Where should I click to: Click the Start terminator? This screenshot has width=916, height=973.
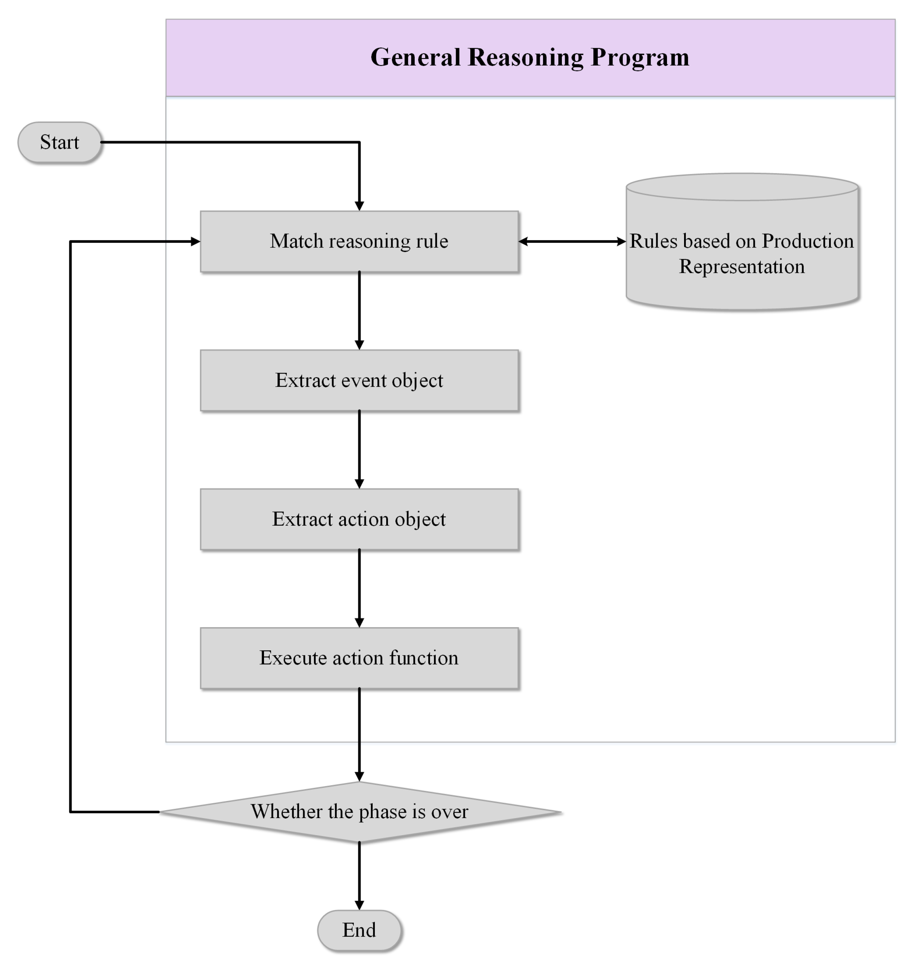(60, 142)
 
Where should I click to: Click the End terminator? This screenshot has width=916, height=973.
(359, 930)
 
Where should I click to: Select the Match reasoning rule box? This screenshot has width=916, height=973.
(359, 242)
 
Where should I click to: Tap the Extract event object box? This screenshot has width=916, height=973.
(359, 380)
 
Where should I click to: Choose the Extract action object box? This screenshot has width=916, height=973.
(359, 519)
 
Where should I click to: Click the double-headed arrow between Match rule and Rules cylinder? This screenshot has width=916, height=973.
(572, 241)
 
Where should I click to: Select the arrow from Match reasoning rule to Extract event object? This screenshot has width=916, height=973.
(359, 311)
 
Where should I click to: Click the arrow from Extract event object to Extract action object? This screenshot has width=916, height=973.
(359, 450)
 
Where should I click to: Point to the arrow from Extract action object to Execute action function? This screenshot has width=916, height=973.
(359, 589)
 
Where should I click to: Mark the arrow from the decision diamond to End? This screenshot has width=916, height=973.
(359, 876)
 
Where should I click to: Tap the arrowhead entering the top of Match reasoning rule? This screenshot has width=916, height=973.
(359, 206)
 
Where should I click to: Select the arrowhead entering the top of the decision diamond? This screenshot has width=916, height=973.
(359, 777)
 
